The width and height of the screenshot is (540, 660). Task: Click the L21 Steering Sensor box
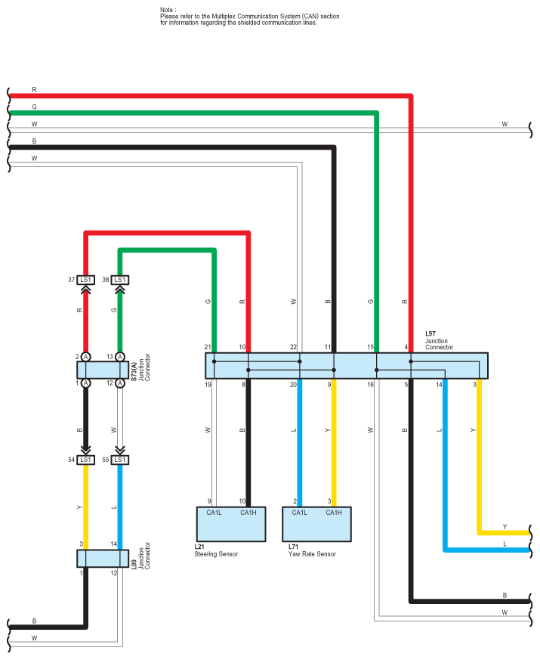click(230, 523)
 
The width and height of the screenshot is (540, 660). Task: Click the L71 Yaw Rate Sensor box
click(317, 523)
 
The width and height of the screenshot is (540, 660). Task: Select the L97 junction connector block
click(347, 366)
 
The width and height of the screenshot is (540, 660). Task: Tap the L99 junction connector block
click(101, 558)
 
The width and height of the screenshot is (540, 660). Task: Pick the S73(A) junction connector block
click(101, 370)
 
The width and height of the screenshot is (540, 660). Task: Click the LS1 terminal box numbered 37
click(86, 280)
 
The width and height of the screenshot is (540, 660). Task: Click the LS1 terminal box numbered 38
click(119, 280)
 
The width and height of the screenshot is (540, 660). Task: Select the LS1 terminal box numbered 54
click(86, 460)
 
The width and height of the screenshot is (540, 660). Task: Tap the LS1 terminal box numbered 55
click(119, 460)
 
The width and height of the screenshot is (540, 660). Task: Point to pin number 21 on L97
click(207, 348)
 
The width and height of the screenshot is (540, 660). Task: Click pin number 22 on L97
click(293, 348)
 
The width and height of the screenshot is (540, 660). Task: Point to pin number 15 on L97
click(371, 348)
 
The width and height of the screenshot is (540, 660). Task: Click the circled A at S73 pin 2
click(86, 357)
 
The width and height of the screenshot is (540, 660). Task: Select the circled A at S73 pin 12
click(119, 383)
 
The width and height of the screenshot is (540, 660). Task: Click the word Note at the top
click(167, 10)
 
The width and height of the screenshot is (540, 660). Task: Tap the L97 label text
click(430, 333)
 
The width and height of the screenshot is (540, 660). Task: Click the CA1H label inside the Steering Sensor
click(248, 512)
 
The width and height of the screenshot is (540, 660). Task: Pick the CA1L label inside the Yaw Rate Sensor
click(299, 512)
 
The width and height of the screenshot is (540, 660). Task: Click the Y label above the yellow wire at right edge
click(505, 527)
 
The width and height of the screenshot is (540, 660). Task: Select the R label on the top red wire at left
click(34, 90)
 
